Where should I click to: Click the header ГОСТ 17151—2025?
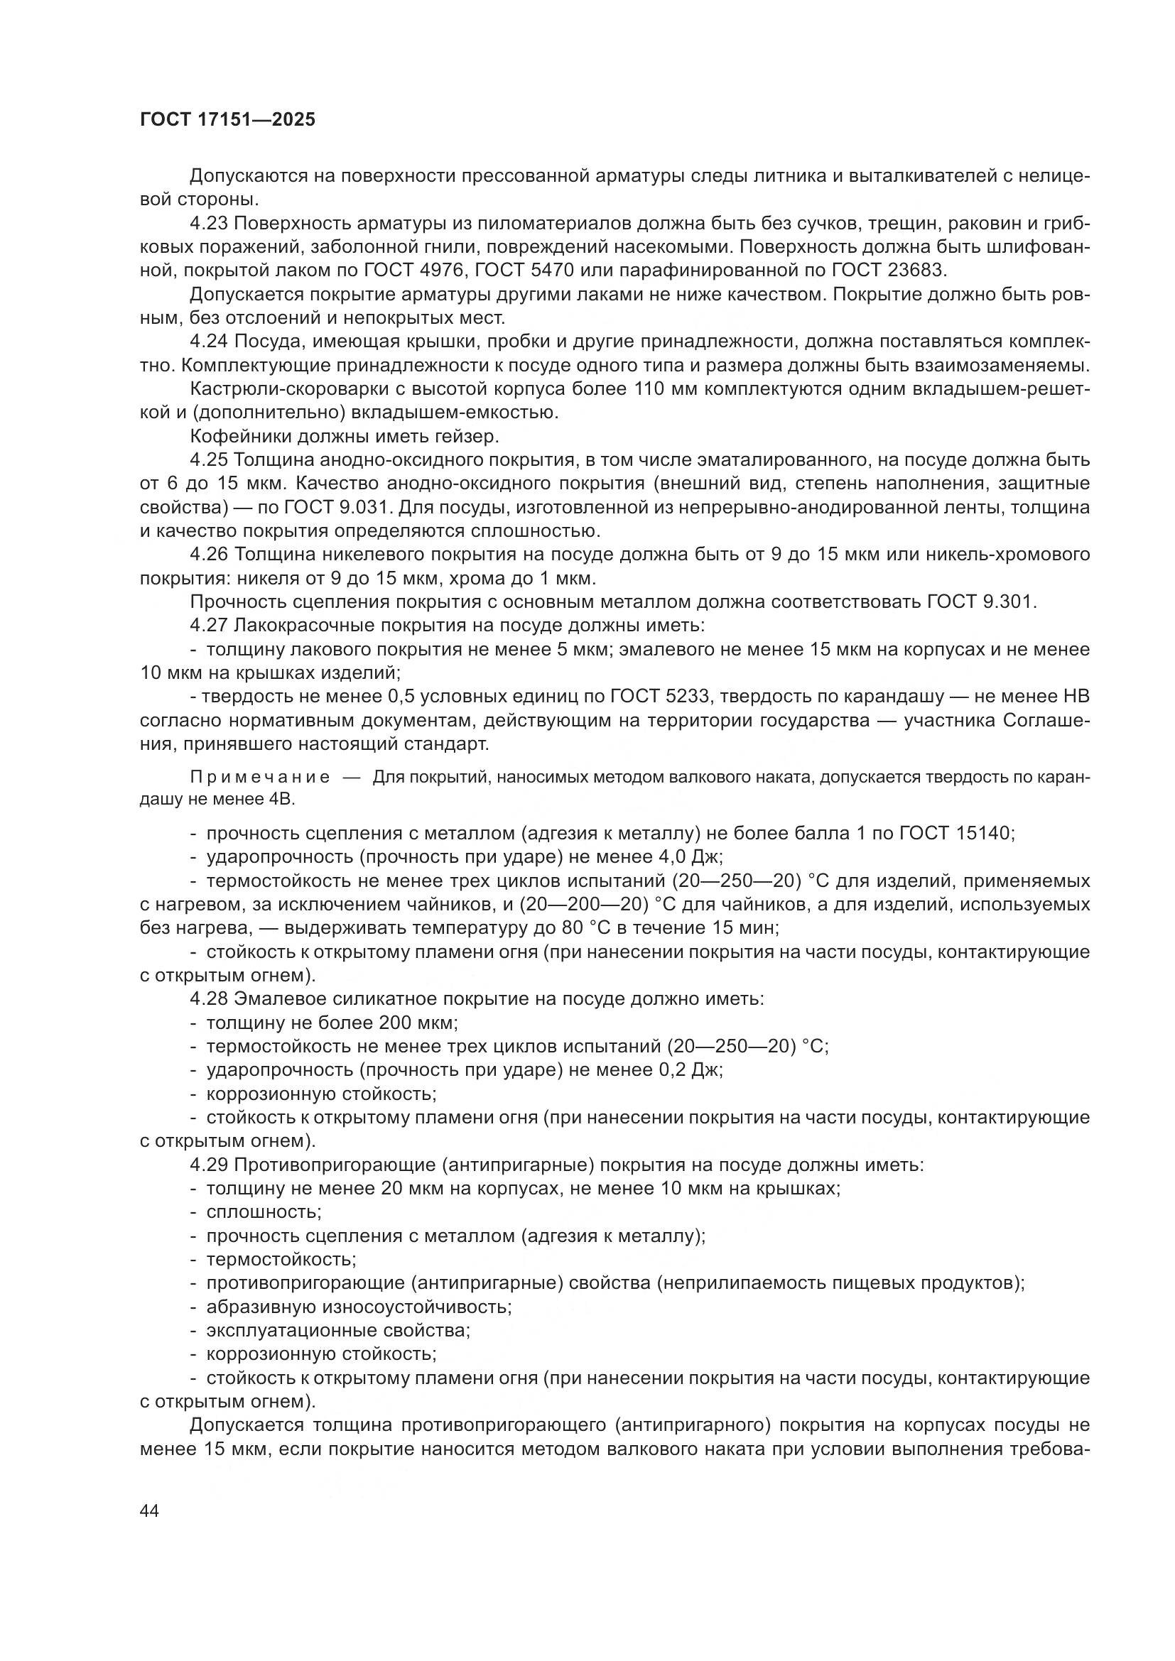click(x=228, y=120)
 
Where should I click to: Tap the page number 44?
click(x=150, y=1511)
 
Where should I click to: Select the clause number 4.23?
click(x=209, y=224)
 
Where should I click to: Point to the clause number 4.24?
click(x=209, y=342)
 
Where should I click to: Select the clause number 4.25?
click(x=209, y=460)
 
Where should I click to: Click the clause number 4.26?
click(x=209, y=554)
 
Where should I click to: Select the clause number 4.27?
click(x=209, y=625)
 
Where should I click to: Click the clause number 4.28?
click(x=209, y=999)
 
